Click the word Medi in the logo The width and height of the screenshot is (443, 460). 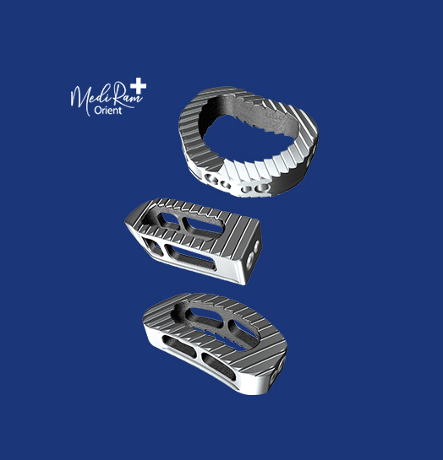[87, 95]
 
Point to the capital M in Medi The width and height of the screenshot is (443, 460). [78, 95]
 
